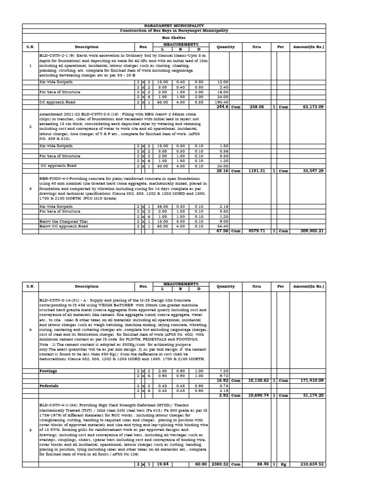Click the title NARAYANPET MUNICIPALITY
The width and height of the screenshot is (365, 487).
point(174,26)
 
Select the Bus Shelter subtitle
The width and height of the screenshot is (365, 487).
point(174,37)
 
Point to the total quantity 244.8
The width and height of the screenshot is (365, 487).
point(222,107)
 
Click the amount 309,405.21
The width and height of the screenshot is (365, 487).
point(308,231)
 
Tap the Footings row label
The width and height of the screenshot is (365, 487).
point(48,370)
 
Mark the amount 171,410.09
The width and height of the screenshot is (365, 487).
point(308,380)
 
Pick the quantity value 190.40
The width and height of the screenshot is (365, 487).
point(222,102)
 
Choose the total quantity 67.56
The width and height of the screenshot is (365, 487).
point(222,231)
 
